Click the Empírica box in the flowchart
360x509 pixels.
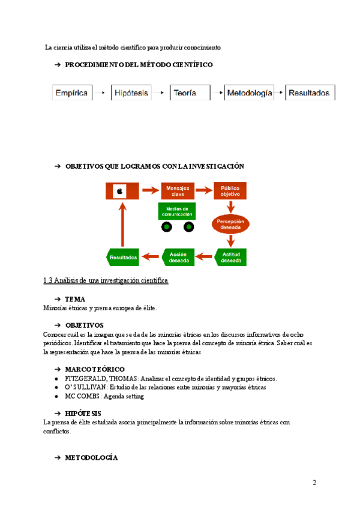click(x=71, y=93)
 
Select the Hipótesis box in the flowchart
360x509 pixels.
click(x=131, y=93)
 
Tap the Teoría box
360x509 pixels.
click(x=190, y=93)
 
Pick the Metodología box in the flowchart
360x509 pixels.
click(x=249, y=93)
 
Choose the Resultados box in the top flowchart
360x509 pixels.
click(x=309, y=93)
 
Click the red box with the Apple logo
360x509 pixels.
click(x=122, y=191)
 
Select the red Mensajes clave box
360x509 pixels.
click(x=176, y=191)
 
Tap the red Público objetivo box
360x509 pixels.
click(x=230, y=191)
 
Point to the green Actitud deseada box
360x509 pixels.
click(x=231, y=258)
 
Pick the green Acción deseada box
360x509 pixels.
click(x=178, y=258)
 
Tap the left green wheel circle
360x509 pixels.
click(x=166, y=227)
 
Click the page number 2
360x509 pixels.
click(x=314, y=483)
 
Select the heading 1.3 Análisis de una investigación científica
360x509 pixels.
click(x=106, y=280)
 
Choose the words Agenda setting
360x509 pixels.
click(x=125, y=396)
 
